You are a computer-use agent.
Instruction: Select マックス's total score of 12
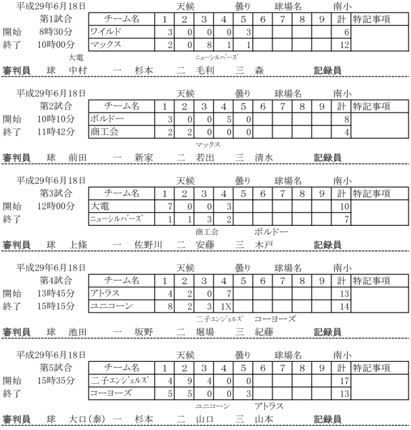coord(345,45)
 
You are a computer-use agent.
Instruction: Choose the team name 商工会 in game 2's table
coord(105,132)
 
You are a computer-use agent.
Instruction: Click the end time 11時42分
coord(58,132)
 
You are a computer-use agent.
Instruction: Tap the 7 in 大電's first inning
coord(169,206)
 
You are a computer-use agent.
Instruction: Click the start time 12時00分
coord(58,206)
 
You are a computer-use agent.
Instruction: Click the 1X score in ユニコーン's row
coord(227,306)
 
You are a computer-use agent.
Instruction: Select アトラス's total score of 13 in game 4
coord(345,293)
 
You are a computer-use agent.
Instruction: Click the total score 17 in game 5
coord(345,381)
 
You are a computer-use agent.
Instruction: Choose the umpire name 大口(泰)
coord(87,419)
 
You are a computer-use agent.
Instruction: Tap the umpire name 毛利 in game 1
coord(205,70)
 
